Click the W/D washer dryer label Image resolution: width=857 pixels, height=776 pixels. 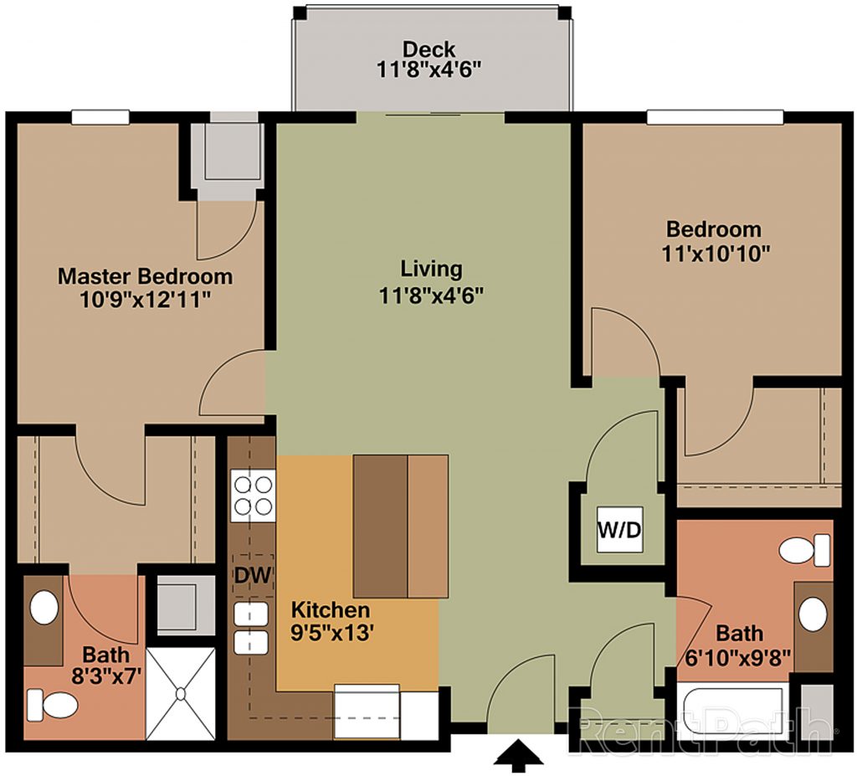click(x=619, y=529)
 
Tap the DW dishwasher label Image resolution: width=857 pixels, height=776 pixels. click(x=253, y=575)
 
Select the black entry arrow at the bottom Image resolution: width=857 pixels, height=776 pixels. click(x=519, y=756)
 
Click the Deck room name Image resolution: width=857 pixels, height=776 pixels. click(x=429, y=49)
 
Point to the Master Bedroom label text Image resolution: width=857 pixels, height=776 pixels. click(x=145, y=275)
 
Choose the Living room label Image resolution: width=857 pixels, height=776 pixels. click(x=431, y=269)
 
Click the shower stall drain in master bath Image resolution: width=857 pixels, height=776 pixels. click(x=181, y=693)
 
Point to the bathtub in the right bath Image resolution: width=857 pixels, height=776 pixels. click(x=730, y=709)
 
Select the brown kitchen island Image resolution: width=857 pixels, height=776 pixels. click(x=401, y=526)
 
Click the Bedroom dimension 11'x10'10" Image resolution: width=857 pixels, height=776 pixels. click(x=716, y=254)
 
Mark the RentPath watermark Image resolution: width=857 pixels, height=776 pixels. click(x=702, y=727)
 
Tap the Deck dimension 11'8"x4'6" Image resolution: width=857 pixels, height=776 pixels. click(x=429, y=70)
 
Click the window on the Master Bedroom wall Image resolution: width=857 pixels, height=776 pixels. click(x=100, y=117)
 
